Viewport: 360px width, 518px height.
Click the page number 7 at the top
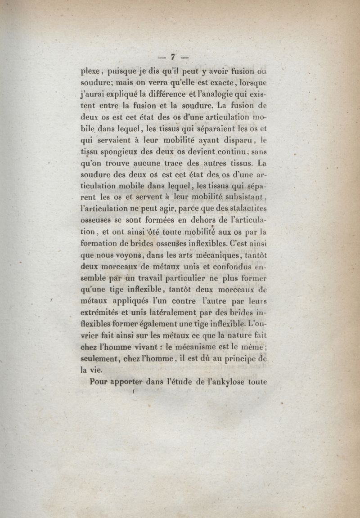coord(172,57)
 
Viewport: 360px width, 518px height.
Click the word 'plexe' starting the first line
coord(91,72)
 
